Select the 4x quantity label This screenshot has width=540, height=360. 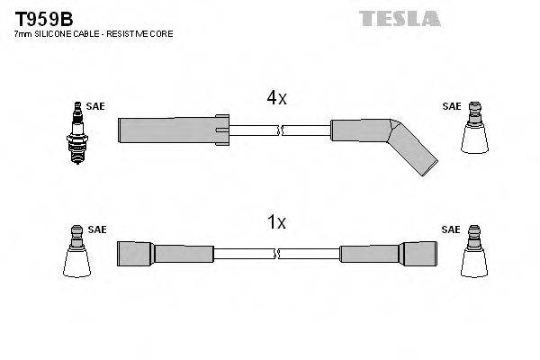(x=275, y=98)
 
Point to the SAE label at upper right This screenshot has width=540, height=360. (x=451, y=106)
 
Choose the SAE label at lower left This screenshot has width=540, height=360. (x=97, y=229)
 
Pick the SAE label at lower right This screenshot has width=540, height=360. (x=451, y=229)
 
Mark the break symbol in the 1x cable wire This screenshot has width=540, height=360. (x=280, y=253)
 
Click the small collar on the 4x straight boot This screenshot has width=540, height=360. (x=223, y=130)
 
